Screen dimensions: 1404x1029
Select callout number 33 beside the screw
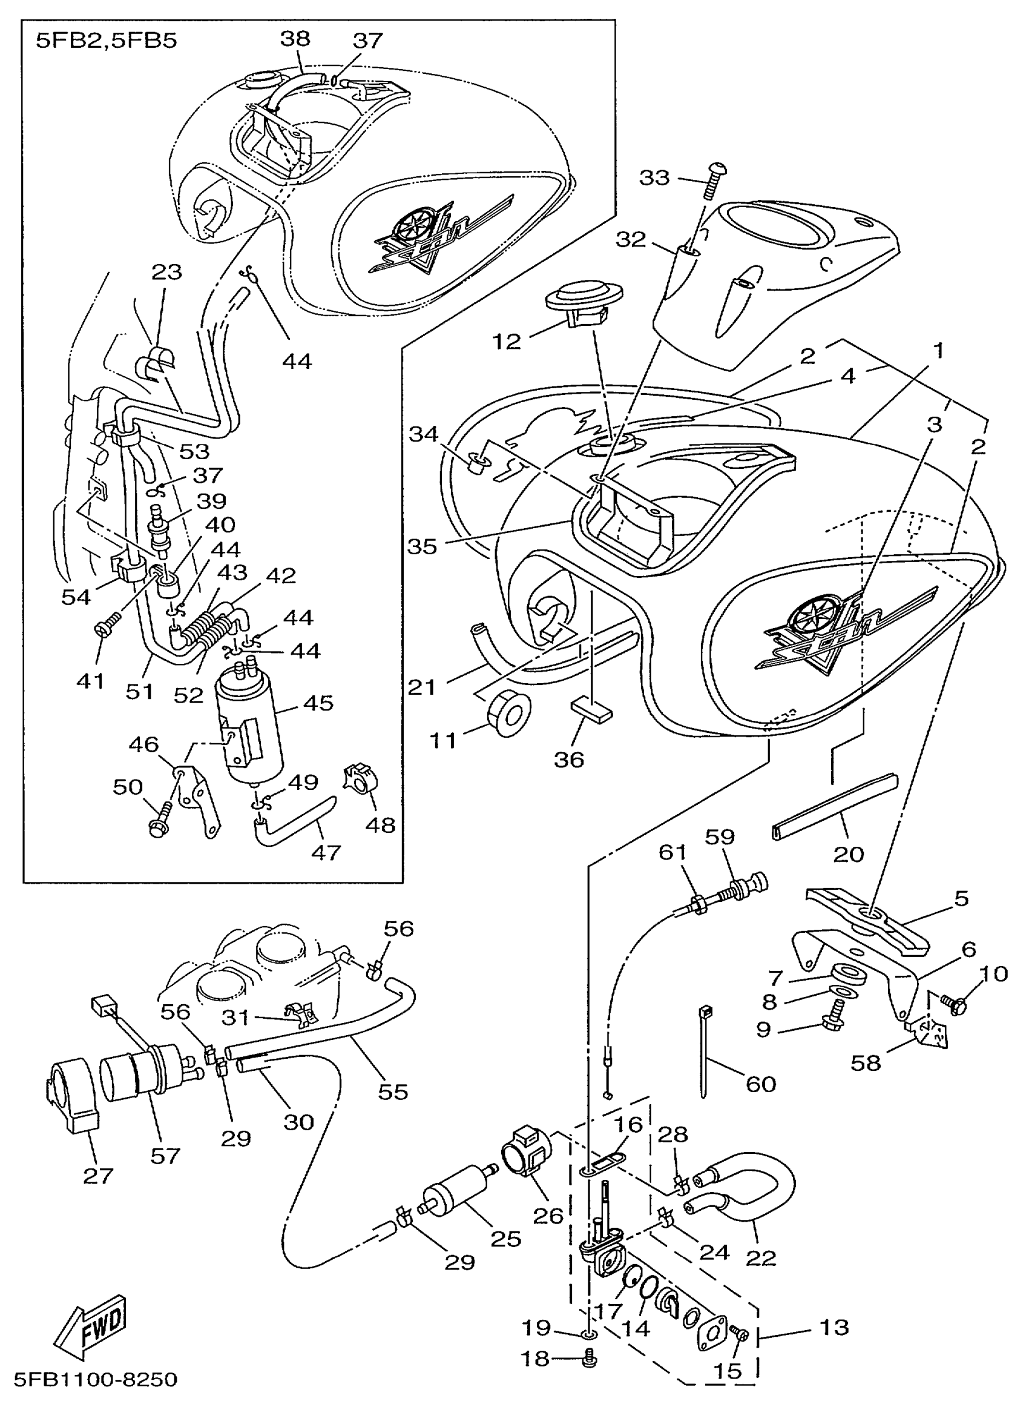pos(655,177)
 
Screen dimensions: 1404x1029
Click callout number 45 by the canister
pos(318,703)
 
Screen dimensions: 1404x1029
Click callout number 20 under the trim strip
pos(849,853)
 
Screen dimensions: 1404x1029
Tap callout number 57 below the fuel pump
pos(165,1156)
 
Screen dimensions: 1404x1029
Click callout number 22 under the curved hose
pos(760,1258)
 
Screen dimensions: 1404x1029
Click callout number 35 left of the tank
pos(422,546)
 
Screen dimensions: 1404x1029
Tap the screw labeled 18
pos(588,1357)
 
